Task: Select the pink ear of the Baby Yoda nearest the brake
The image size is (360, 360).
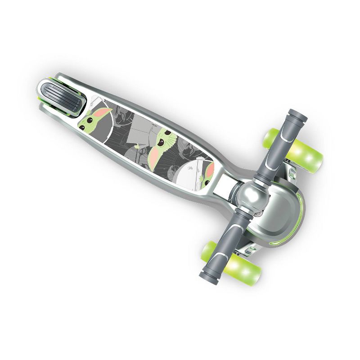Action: [105, 112]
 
